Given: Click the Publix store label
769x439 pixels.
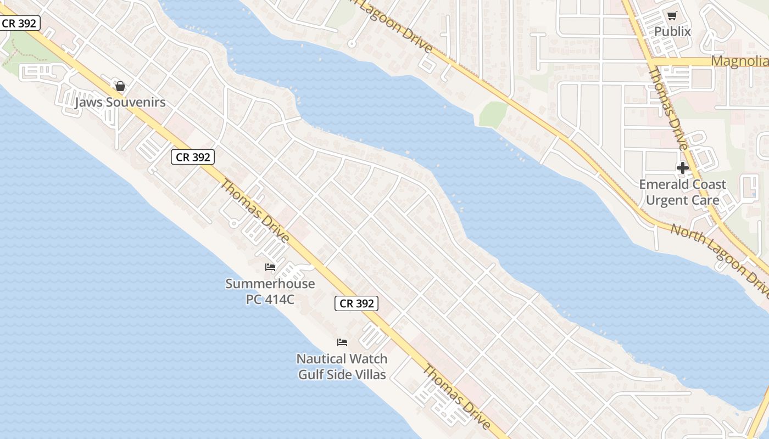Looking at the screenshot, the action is (672, 31).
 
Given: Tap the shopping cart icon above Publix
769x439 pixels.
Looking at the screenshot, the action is (672, 16).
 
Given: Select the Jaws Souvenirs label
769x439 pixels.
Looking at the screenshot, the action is (120, 103).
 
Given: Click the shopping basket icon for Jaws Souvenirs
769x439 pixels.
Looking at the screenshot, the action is (120, 86).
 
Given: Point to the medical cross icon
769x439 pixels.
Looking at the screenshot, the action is (683, 168).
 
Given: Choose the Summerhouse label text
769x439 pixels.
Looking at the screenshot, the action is (270, 284).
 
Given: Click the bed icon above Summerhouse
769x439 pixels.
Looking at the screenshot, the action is (270, 267).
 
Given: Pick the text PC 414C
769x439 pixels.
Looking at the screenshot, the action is (270, 299).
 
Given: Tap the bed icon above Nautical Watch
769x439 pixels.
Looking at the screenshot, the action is (342, 342).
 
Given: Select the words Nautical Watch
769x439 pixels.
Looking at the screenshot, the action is (342, 359).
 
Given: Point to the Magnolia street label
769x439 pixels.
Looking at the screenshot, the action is (739, 61).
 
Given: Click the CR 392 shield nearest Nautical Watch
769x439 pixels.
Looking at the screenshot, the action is (356, 303).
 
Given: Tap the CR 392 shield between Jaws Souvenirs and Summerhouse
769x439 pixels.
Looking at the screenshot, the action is (192, 157).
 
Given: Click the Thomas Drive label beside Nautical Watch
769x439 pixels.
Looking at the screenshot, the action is (455, 396).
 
